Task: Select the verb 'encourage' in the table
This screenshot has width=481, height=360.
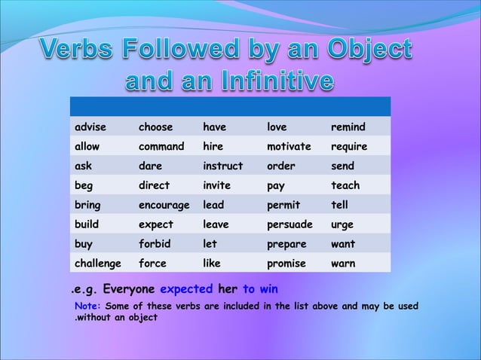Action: tap(164, 205)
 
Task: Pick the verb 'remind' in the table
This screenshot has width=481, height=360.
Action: tap(348, 127)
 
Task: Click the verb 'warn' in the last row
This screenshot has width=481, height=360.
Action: tap(343, 264)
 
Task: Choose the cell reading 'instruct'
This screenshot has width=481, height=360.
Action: tap(223, 166)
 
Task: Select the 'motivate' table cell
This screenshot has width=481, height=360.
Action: tap(290, 146)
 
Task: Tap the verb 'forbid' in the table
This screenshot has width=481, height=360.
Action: tap(155, 244)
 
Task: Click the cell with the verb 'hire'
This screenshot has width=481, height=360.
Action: tap(213, 146)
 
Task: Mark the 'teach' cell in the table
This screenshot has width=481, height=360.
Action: tap(345, 185)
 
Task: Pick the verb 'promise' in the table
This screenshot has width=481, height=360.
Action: tap(286, 264)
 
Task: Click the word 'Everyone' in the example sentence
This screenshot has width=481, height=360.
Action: tap(129, 289)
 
